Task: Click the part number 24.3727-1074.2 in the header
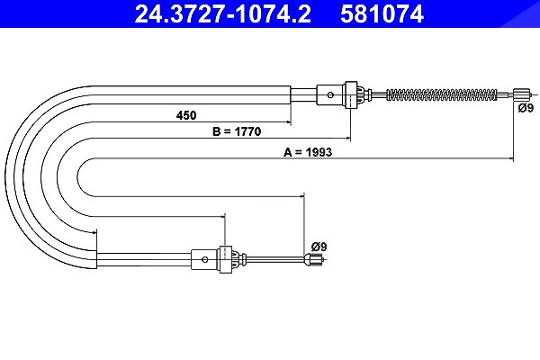(x=222, y=14)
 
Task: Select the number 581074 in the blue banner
(x=382, y=14)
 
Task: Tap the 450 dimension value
(x=186, y=115)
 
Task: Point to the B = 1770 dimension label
(x=237, y=131)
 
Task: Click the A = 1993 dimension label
(x=308, y=152)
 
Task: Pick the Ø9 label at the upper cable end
(x=526, y=108)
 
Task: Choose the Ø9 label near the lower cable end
(x=319, y=247)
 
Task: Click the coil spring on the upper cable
(x=442, y=94)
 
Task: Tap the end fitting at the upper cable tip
(x=520, y=94)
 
